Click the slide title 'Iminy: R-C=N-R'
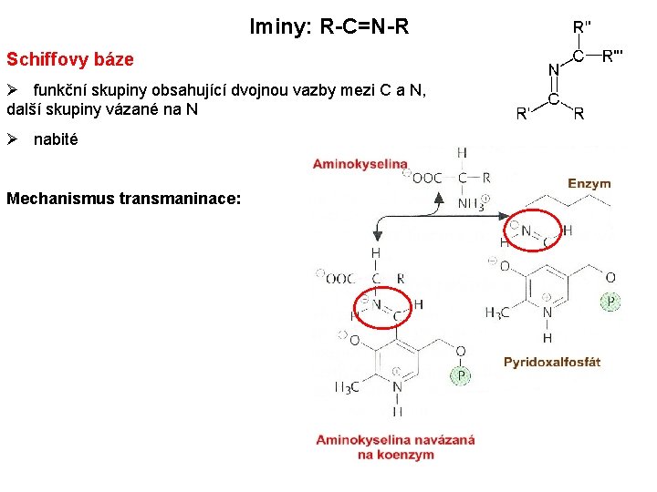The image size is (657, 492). [328, 27]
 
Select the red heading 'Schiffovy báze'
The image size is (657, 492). [70, 60]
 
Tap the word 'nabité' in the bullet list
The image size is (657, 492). [56, 140]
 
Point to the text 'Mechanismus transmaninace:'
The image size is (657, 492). [124, 198]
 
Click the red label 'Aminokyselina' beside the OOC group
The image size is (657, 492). [360, 164]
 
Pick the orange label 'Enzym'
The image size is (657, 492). [589, 184]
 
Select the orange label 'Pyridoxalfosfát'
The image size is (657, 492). [551, 362]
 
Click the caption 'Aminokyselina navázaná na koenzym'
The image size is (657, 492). [395, 446]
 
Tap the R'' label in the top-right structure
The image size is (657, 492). [580, 27]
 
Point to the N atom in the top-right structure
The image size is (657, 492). [552, 69]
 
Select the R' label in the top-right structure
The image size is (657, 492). [523, 114]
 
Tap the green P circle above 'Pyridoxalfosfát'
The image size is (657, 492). [610, 301]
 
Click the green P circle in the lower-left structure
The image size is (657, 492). [462, 375]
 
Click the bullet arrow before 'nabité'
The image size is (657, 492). [13, 140]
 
